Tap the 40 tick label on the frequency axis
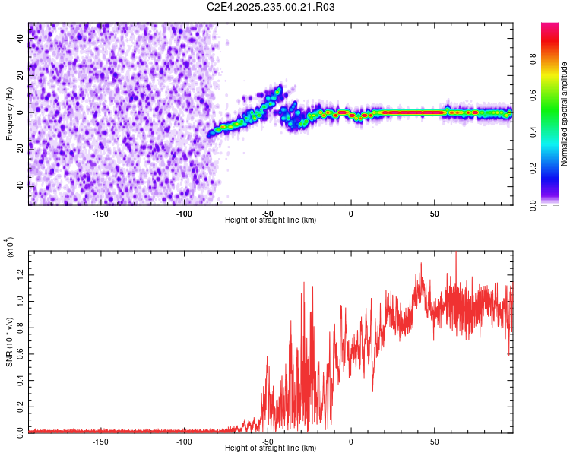tap(21, 39)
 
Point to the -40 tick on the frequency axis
tap(21, 185)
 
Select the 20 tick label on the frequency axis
tap(21, 75)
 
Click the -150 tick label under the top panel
tap(100, 212)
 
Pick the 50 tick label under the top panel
tap(434, 212)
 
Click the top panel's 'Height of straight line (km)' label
tap(271, 220)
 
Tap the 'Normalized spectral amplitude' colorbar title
tap(565, 114)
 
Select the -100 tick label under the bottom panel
tap(184, 440)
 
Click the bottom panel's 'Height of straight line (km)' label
tap(271, 448)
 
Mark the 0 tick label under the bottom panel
tap(351, 440)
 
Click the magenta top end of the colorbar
tap(550, 27)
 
